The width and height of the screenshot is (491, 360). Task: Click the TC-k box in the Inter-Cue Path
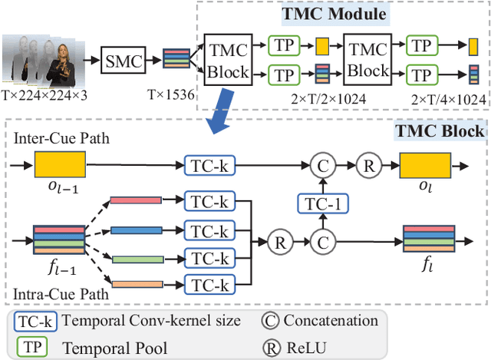209,165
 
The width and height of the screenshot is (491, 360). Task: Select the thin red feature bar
133,201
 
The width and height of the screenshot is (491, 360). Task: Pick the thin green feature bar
133,257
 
